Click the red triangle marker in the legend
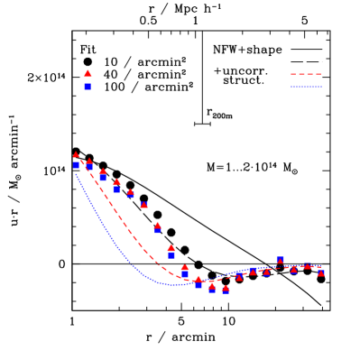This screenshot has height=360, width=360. pos(88,73)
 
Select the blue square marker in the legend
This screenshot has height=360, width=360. pos(88,86)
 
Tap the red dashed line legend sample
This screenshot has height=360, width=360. pos(306,75)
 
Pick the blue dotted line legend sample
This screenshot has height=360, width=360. pos(306,87)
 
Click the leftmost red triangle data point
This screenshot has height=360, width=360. pos(76,155)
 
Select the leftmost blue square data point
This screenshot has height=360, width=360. pos(76,165)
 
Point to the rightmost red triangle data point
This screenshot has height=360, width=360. pos(321,272)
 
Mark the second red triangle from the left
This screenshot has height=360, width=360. pos(89,162)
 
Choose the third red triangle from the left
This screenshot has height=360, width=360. pos(103,171)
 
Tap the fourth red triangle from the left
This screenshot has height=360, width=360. pos(116,181)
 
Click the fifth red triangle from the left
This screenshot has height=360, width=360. pos(130,191)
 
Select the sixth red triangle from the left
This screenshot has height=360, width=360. pos(143,205)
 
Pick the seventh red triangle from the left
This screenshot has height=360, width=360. pos(157,225)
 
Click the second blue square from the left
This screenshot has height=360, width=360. pos(89,167)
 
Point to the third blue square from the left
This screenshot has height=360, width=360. pos(103,178)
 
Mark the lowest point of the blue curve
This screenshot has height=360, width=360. pos(173,285)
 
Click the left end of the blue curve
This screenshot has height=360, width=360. pos(76,173)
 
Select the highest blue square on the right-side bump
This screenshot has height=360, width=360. pos(281,260)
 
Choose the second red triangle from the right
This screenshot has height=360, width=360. pos(308,266)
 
